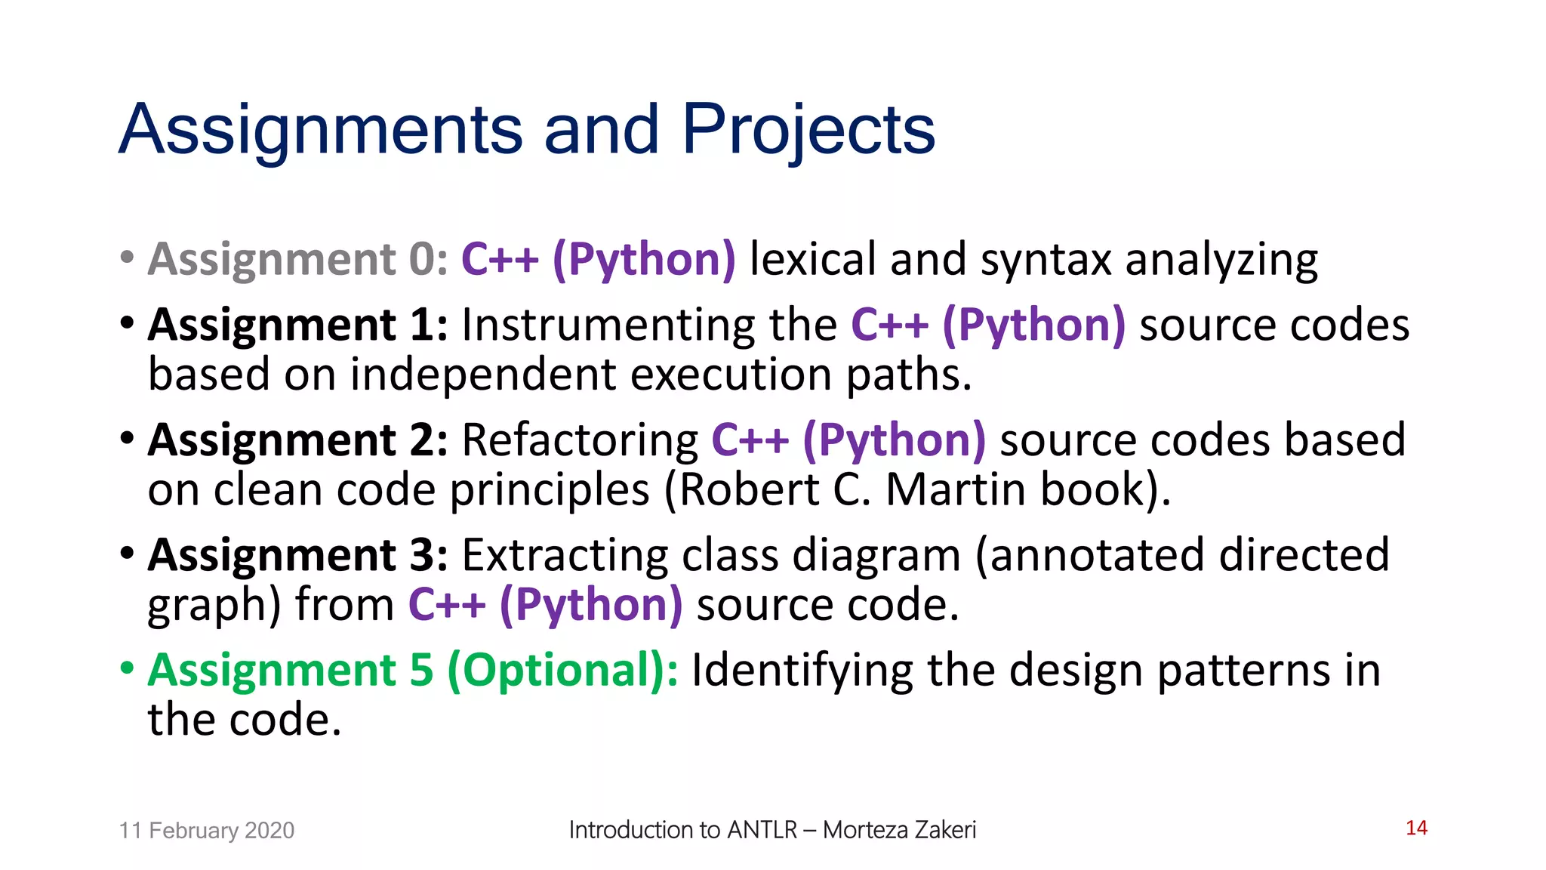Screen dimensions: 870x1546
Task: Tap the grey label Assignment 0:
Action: (x=298, y=259)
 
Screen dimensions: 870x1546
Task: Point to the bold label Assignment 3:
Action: (x=298, y=555)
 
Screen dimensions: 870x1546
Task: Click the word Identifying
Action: (x=802, y=670)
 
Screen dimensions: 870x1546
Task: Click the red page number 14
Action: (x=1416, y=828)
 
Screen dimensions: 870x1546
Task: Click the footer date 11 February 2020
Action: (x=206, y=830)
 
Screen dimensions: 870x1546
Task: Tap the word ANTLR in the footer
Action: (x=762, y=829)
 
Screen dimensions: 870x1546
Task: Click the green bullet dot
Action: (x=127, y=668)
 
